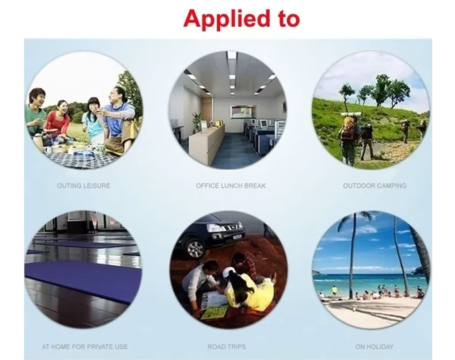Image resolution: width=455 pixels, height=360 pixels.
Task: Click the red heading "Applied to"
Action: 242,19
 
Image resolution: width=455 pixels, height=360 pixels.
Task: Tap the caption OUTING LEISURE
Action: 84,186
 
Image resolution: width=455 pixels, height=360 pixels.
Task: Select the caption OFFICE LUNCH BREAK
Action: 231,186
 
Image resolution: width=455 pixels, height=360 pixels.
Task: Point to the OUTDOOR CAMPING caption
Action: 374,186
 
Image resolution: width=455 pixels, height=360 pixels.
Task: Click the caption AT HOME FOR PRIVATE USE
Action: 85,347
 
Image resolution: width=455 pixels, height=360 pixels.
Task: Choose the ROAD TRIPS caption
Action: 227,347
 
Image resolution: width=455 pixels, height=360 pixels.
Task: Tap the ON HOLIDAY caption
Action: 374,347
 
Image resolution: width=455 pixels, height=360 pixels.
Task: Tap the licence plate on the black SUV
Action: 237,236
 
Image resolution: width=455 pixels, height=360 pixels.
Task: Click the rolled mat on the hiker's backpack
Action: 351,115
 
